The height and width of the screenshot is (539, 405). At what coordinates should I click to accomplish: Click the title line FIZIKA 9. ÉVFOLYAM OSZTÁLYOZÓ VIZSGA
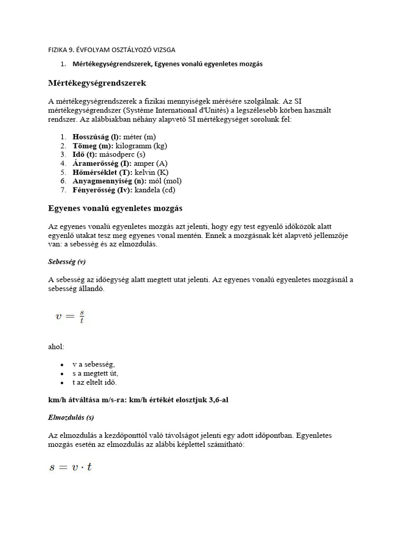coord(112,50)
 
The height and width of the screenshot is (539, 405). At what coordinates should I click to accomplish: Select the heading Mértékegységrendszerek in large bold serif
coord(97,83)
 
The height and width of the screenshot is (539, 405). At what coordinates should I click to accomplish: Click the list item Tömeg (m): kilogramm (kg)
coord(120,146)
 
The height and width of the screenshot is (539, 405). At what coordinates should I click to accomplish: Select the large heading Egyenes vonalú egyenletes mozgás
coord(115,208)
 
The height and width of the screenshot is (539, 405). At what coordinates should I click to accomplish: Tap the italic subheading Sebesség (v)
coord(67,262)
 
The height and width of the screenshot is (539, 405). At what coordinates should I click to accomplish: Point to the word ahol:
coord(56,347)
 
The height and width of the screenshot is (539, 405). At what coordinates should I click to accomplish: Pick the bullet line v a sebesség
coord(93,364)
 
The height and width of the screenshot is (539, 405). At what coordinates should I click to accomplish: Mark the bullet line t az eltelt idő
coord(95,382)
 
